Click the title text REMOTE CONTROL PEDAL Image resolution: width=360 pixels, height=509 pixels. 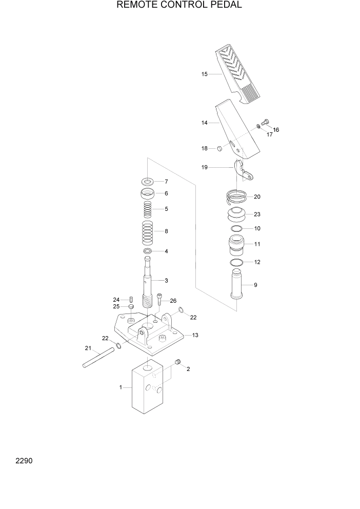click(179, 6)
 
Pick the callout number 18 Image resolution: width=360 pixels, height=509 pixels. click(204, 148)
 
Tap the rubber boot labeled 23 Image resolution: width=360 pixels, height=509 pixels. click(236, 215)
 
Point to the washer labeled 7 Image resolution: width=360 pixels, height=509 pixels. click(148, 181)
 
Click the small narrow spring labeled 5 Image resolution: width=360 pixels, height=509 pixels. click(148, 209)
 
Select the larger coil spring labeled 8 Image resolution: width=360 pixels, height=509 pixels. click(148, 231)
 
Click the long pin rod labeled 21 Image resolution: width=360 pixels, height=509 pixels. click(97, 358)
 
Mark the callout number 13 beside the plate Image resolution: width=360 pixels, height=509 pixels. click(195, 335)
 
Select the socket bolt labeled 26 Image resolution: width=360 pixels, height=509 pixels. click(160, 300)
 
